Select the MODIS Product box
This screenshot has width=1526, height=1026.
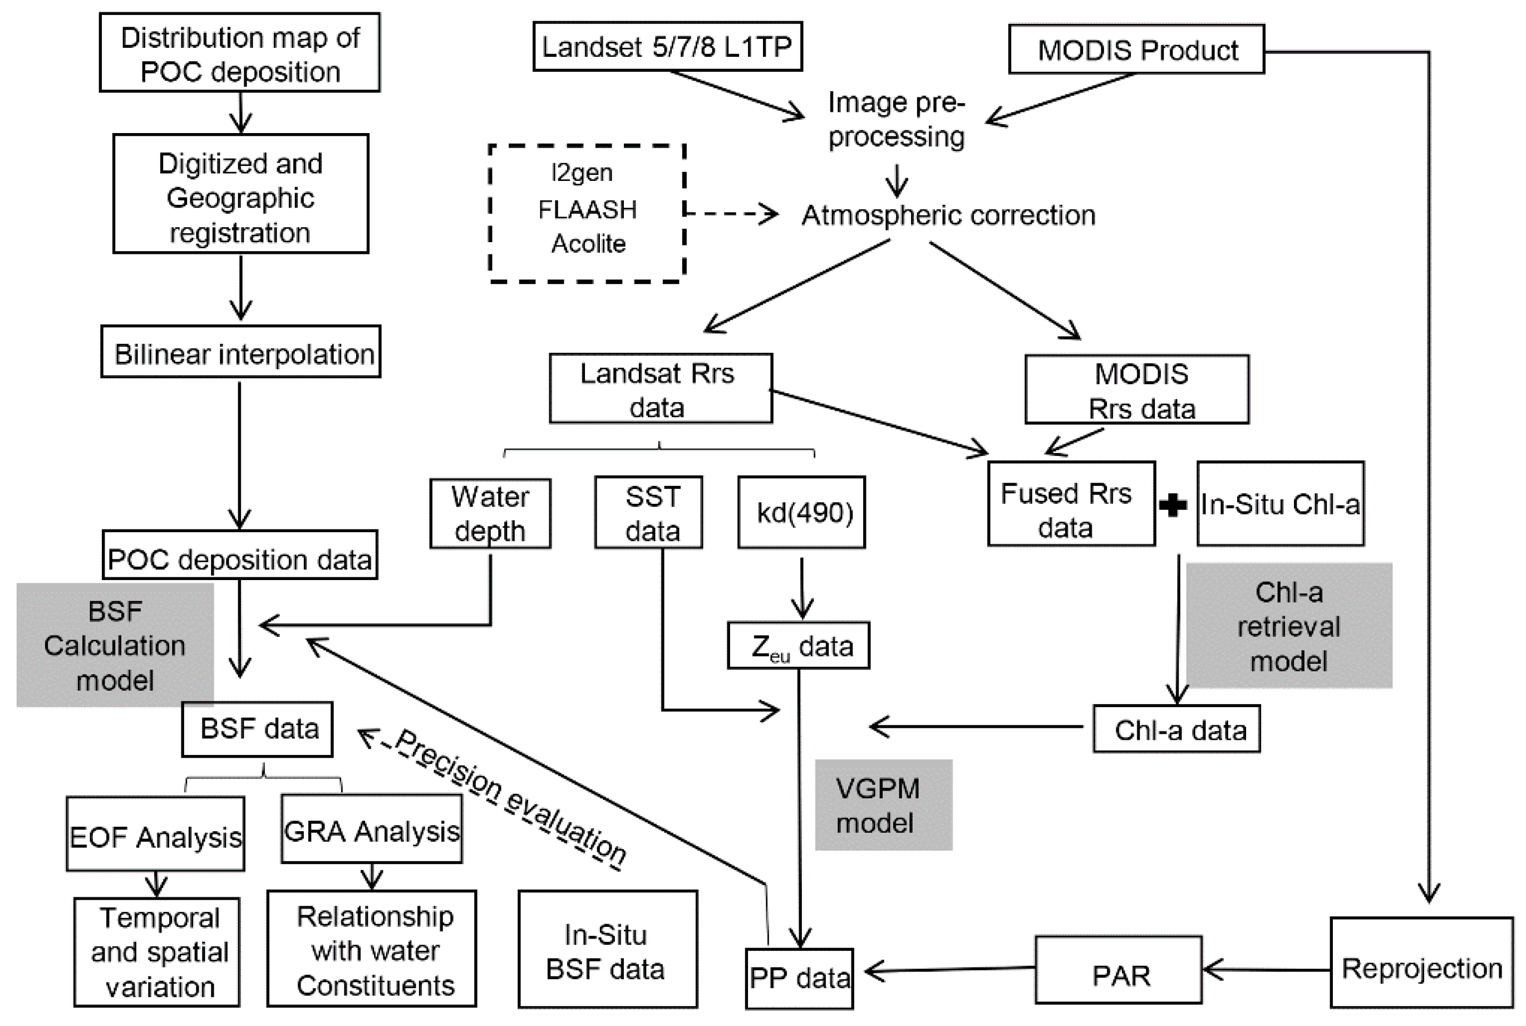click(x=1136, y=50)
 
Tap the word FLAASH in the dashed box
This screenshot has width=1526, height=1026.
click(x=587, y=209)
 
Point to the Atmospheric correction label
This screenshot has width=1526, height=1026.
click(x=948, y=215)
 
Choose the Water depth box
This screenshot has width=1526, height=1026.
click(x=490, y=514)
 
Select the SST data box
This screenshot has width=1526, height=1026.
click(x=648, y=514)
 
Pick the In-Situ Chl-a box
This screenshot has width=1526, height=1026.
click(x=1280, y=504)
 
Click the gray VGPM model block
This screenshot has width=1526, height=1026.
click(x=883, y=806)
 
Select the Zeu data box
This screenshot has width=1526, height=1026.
click(x=799, y=646)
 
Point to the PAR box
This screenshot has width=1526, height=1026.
click(x=1119, y=970)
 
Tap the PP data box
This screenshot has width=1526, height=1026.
click(x=799, y=978)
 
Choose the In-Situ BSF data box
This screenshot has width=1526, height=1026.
click(x=607, y=950)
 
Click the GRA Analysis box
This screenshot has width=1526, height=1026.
click(x=372, y=829)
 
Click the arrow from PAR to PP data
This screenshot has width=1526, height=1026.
click(x=948, y=970)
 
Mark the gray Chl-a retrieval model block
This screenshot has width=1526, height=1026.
click(x=1288, y=626)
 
